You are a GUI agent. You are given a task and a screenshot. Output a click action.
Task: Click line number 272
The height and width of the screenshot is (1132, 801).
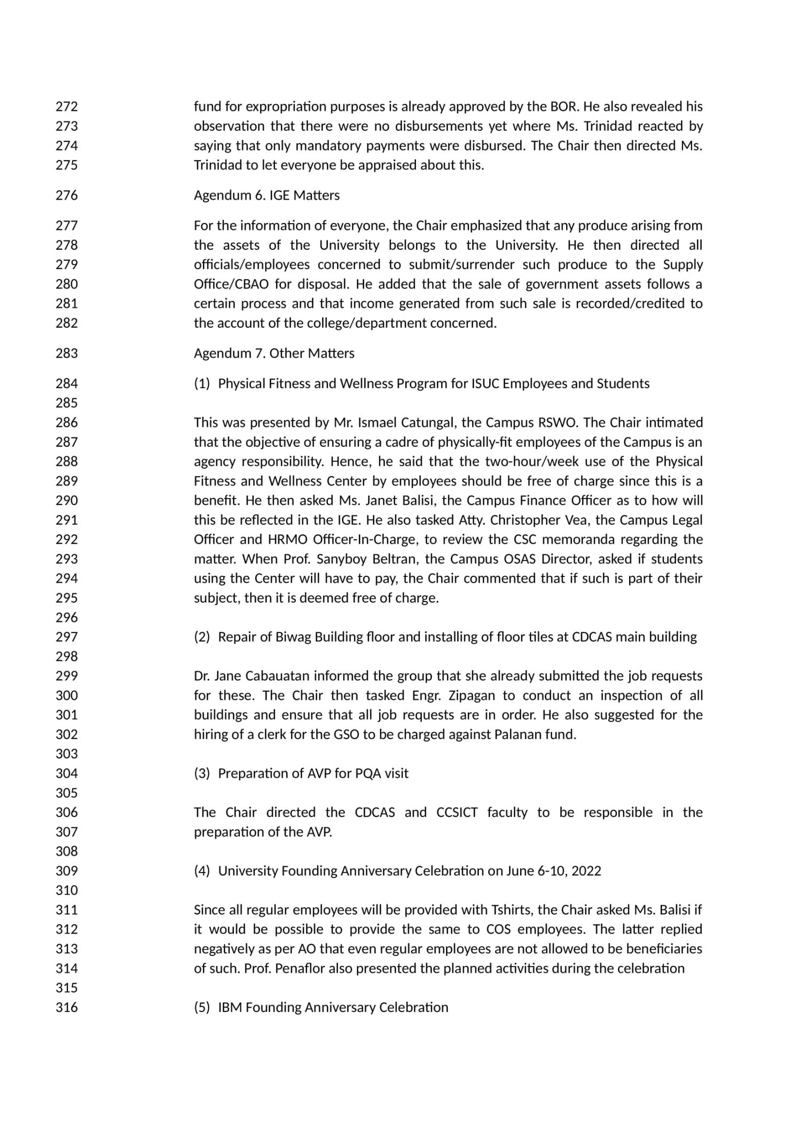coord(67,107)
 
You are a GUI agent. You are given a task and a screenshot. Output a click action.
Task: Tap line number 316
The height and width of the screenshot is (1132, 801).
coord(67,1007)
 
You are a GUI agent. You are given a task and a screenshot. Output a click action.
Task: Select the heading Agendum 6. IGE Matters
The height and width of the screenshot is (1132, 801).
coord(266,195)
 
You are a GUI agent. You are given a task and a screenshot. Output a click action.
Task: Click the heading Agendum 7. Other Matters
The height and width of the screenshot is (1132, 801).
coord(274,353)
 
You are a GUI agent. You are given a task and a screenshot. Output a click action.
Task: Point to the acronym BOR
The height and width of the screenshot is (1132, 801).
coord(564,107)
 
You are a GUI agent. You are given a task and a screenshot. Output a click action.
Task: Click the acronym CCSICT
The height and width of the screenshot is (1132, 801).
coord(457,812)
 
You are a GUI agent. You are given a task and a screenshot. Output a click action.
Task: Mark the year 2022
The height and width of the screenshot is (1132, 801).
coord(586,871)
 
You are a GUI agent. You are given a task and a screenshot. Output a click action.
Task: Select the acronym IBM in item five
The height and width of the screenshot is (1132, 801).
coord(230,1007)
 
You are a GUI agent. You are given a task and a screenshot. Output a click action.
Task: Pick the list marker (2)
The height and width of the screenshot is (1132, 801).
coord(202,637)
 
